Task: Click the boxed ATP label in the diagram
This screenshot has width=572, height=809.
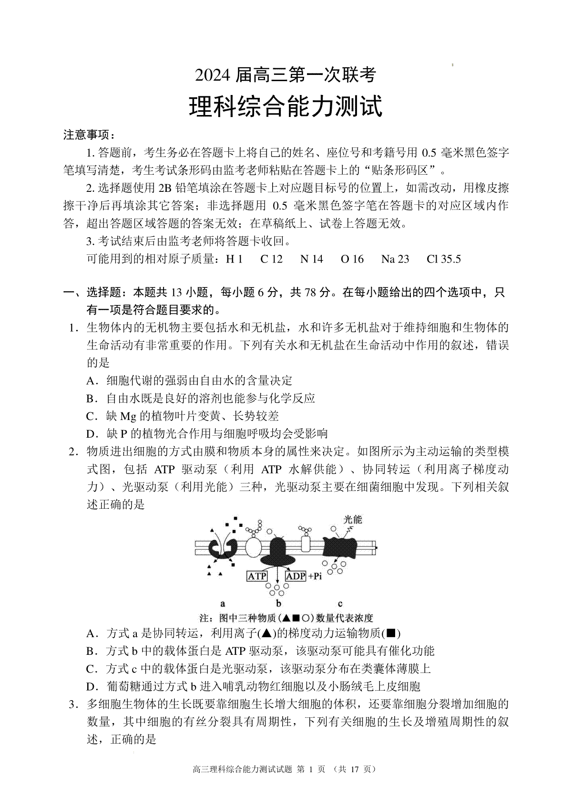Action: [x=257, y=576]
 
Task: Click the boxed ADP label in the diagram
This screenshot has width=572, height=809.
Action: [x=295, y=576]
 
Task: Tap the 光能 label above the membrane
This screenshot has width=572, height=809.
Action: [x=353, y=519]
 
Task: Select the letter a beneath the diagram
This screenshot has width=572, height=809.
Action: [x=223, y=604]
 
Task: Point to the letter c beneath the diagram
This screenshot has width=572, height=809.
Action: [x=340, y=604]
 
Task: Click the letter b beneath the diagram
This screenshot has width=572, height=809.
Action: [x=279, y=604]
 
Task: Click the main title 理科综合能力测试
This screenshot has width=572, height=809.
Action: [x=286, y=106]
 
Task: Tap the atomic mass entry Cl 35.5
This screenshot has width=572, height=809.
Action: [x=444, y=259]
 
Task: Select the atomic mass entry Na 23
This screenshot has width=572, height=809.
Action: [x=395, y=259]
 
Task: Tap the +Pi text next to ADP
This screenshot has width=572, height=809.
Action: [x=315, y=576]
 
